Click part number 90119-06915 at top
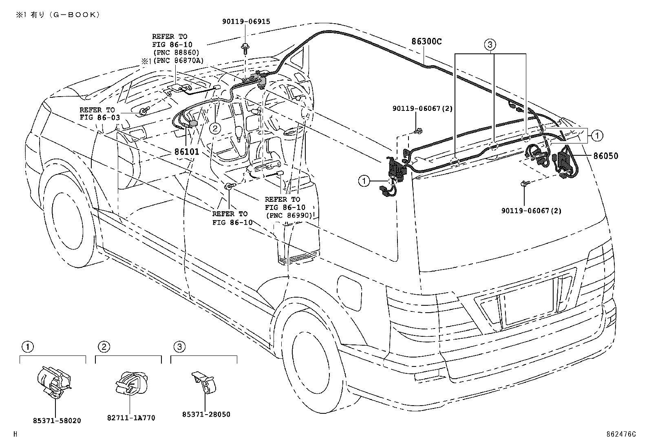click(246, 22)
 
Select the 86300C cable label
click(426, 42)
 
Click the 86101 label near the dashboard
click(186, 152)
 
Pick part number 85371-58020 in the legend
click(57, 420)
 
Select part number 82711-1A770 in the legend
click(131, 418)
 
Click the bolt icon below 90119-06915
click(246, 47)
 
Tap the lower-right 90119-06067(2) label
click(531, 211)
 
